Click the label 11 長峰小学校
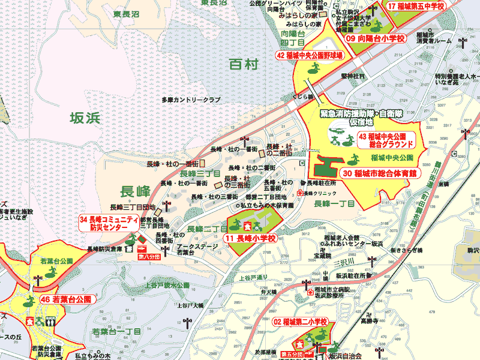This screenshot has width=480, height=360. click(251, 238)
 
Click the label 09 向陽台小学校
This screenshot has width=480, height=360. click(376, 38)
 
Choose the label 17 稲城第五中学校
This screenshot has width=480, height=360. click(416, 6)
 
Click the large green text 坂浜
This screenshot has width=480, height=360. click(84, 118)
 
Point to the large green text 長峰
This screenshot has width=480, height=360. click(135, 192)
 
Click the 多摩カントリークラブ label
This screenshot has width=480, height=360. click(191, 100)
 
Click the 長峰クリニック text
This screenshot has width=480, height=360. click(320, 193)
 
